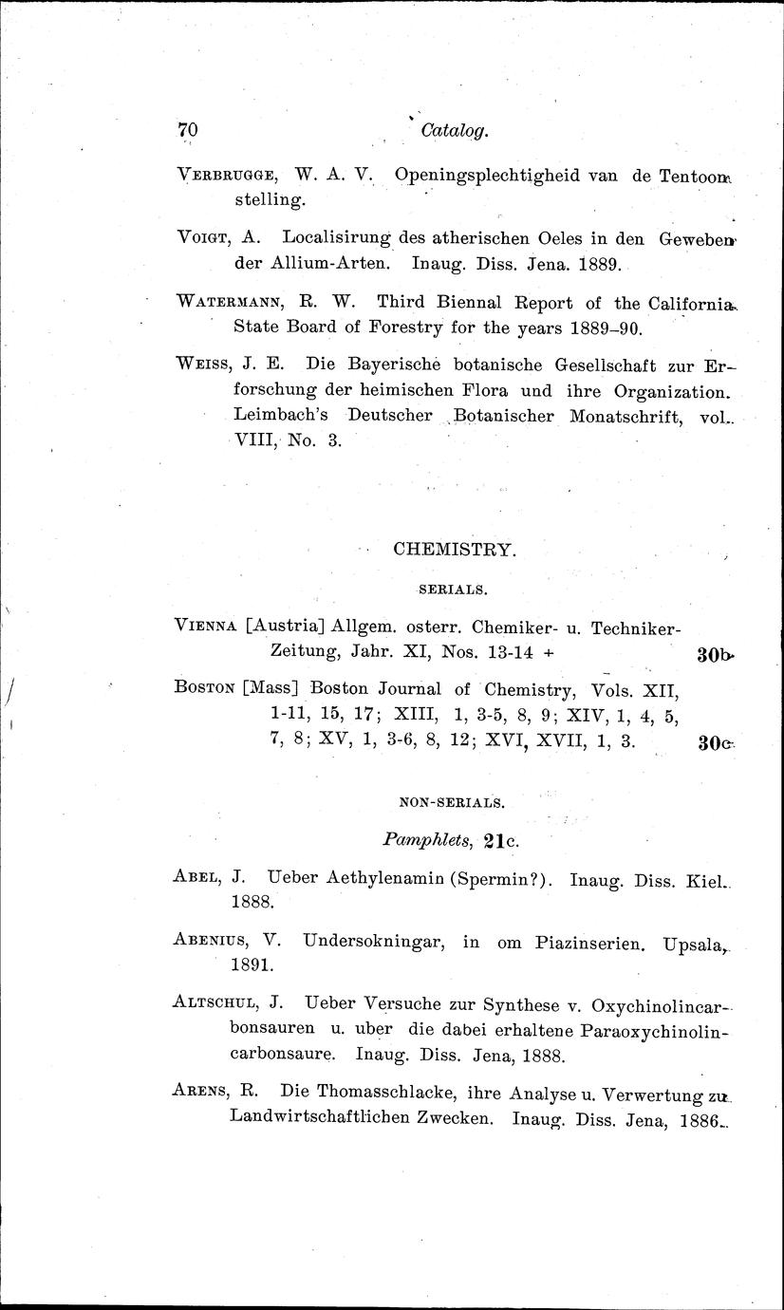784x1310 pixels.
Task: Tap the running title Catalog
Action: (x=455, y=131)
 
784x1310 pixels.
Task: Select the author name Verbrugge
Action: (x=226, y=175)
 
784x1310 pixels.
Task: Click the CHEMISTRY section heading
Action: (x=454, y=550)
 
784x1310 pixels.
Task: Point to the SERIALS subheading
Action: (x=453, y=589)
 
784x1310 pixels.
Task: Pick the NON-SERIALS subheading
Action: (x=452, y=802)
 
